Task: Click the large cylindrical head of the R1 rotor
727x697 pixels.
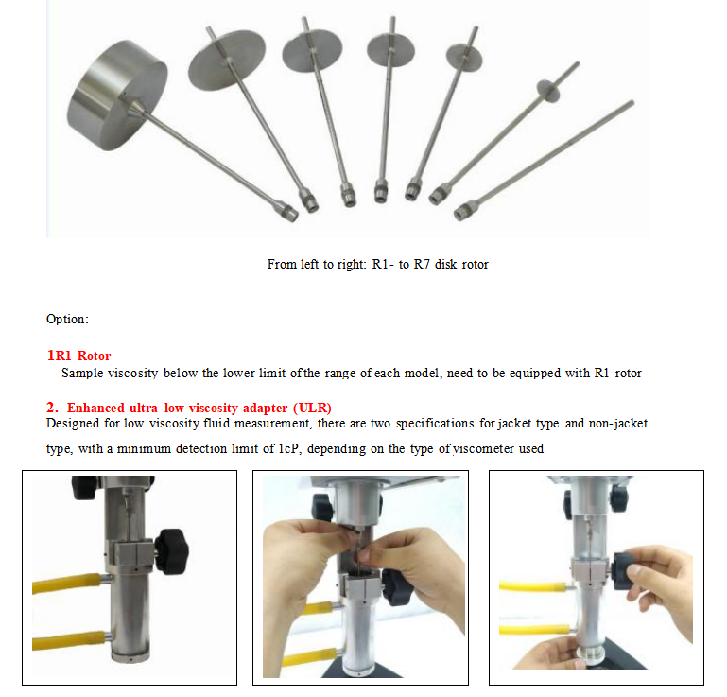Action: click(117, 95)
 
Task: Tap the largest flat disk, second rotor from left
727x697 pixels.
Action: click(227, 60)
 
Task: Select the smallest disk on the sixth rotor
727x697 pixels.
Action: click(548, 90)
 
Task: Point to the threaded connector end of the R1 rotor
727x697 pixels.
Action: click(288, 212)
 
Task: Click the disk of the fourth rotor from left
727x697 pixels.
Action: click(390, 50)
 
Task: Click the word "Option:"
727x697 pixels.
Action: click(67, 319)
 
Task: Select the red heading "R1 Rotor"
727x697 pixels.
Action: click(78, 356)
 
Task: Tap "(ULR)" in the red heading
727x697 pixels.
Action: click(312, 409)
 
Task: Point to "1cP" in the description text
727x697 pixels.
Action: click(288, 449)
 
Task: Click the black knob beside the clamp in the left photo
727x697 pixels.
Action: click(171, 551)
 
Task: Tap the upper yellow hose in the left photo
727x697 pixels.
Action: click(68, 583)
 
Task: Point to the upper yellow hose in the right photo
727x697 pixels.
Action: click(533, 586)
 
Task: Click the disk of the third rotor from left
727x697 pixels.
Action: click(312, 51)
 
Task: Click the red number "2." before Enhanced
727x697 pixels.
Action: click(52, 408)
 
